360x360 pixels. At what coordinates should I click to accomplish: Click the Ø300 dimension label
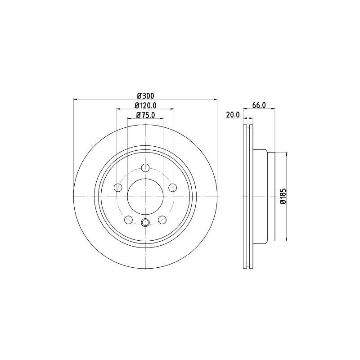145,95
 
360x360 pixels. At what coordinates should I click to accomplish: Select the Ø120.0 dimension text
145,105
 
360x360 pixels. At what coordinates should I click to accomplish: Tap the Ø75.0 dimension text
145,115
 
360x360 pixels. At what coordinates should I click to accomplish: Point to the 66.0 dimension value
259,105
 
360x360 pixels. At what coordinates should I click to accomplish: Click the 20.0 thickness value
233,115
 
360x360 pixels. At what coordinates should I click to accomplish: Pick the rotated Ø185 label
283,197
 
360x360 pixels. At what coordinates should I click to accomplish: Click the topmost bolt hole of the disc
145,168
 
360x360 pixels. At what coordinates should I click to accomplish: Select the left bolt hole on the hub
118,188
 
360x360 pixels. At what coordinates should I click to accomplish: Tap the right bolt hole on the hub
173,188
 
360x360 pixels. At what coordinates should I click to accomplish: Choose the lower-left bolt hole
128,220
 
